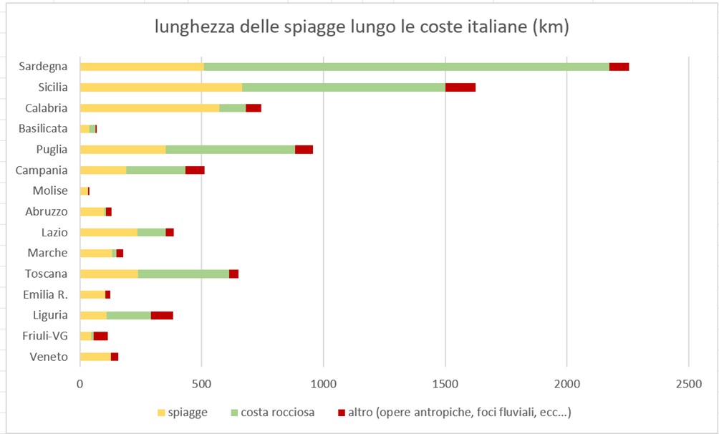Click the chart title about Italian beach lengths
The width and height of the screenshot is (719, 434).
(362, 28)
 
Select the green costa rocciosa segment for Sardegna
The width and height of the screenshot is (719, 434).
(406, 67)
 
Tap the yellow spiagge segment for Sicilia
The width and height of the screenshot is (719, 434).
(161, 87)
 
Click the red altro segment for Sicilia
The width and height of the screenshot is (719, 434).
(460, 87)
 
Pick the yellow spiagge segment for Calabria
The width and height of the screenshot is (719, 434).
(150, 108)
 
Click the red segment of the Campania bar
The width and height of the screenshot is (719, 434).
(195, 170)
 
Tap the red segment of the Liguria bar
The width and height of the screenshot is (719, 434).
(162, 315)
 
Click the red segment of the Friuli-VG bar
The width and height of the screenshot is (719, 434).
(101, 336)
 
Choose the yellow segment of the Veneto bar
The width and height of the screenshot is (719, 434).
(95, 357)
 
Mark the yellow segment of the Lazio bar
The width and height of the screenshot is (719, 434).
(109, 232)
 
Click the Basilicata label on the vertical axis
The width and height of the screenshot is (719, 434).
(43, 129)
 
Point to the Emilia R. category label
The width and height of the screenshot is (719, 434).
(45, 294)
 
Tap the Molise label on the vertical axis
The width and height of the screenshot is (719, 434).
(50, 191)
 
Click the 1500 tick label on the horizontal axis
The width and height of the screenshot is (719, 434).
(445, 385)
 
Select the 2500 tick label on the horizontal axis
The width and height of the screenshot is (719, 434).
(688, 385)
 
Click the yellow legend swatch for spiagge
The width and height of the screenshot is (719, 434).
(161, 413)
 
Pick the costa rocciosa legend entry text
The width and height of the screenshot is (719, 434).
(277, 413)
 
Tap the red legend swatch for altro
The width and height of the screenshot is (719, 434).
(341, 413)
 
